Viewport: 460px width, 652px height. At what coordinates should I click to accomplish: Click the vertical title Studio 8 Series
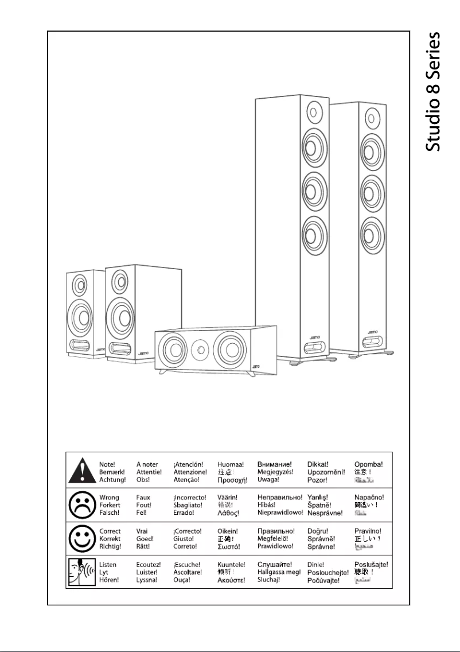pyautogui.click(x=434, y=92)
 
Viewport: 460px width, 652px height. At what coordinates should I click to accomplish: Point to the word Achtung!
pyautogui.click(x=112, y=479)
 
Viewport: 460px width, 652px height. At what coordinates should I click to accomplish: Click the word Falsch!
pyautogui.click(x=110, y=513)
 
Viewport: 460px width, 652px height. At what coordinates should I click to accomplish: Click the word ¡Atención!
pyautogui.click(x=188, y=464)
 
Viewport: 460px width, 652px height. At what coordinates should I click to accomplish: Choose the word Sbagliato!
pyautogui.click(x=188, y=505)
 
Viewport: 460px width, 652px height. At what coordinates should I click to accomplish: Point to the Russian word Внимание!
pyautogui.click(x=275, y=464)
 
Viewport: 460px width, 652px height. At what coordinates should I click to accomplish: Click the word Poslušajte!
pyautogui.click(x=371, y=565)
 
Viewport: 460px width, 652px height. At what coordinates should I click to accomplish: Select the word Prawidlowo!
pyautogui.click(x=276, y=546)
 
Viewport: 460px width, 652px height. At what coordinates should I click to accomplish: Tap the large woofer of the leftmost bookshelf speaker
pyautogui.click(x=79, y=315)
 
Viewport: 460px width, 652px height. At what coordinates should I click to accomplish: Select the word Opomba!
pyautogui.click(x=369, y=464)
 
